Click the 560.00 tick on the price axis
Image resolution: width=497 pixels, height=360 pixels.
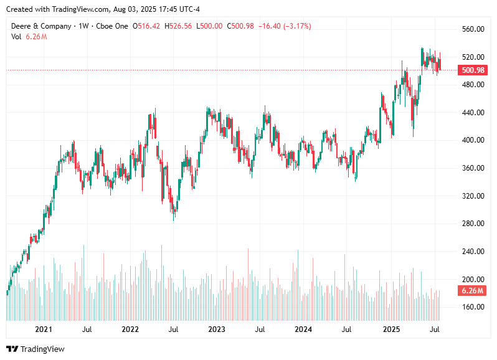click(473, 29)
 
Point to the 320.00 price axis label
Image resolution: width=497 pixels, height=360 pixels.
click(473, 196)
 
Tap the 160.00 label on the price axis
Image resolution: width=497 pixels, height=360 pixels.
click(473, 307)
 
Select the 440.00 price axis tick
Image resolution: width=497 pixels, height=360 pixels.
click(473, 113)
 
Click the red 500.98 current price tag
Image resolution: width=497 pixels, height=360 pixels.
click(473, 70)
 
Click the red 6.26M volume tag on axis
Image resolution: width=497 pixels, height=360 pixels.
click(473, 291)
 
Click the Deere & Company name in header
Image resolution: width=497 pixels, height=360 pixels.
click(41, 26)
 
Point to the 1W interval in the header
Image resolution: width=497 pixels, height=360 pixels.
click(83, 26)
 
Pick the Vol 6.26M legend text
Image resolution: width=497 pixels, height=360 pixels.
click(29, 37)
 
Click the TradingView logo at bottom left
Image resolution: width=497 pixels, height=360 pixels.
click(35, 349)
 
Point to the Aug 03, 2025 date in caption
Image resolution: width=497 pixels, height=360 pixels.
click(134, 9)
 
